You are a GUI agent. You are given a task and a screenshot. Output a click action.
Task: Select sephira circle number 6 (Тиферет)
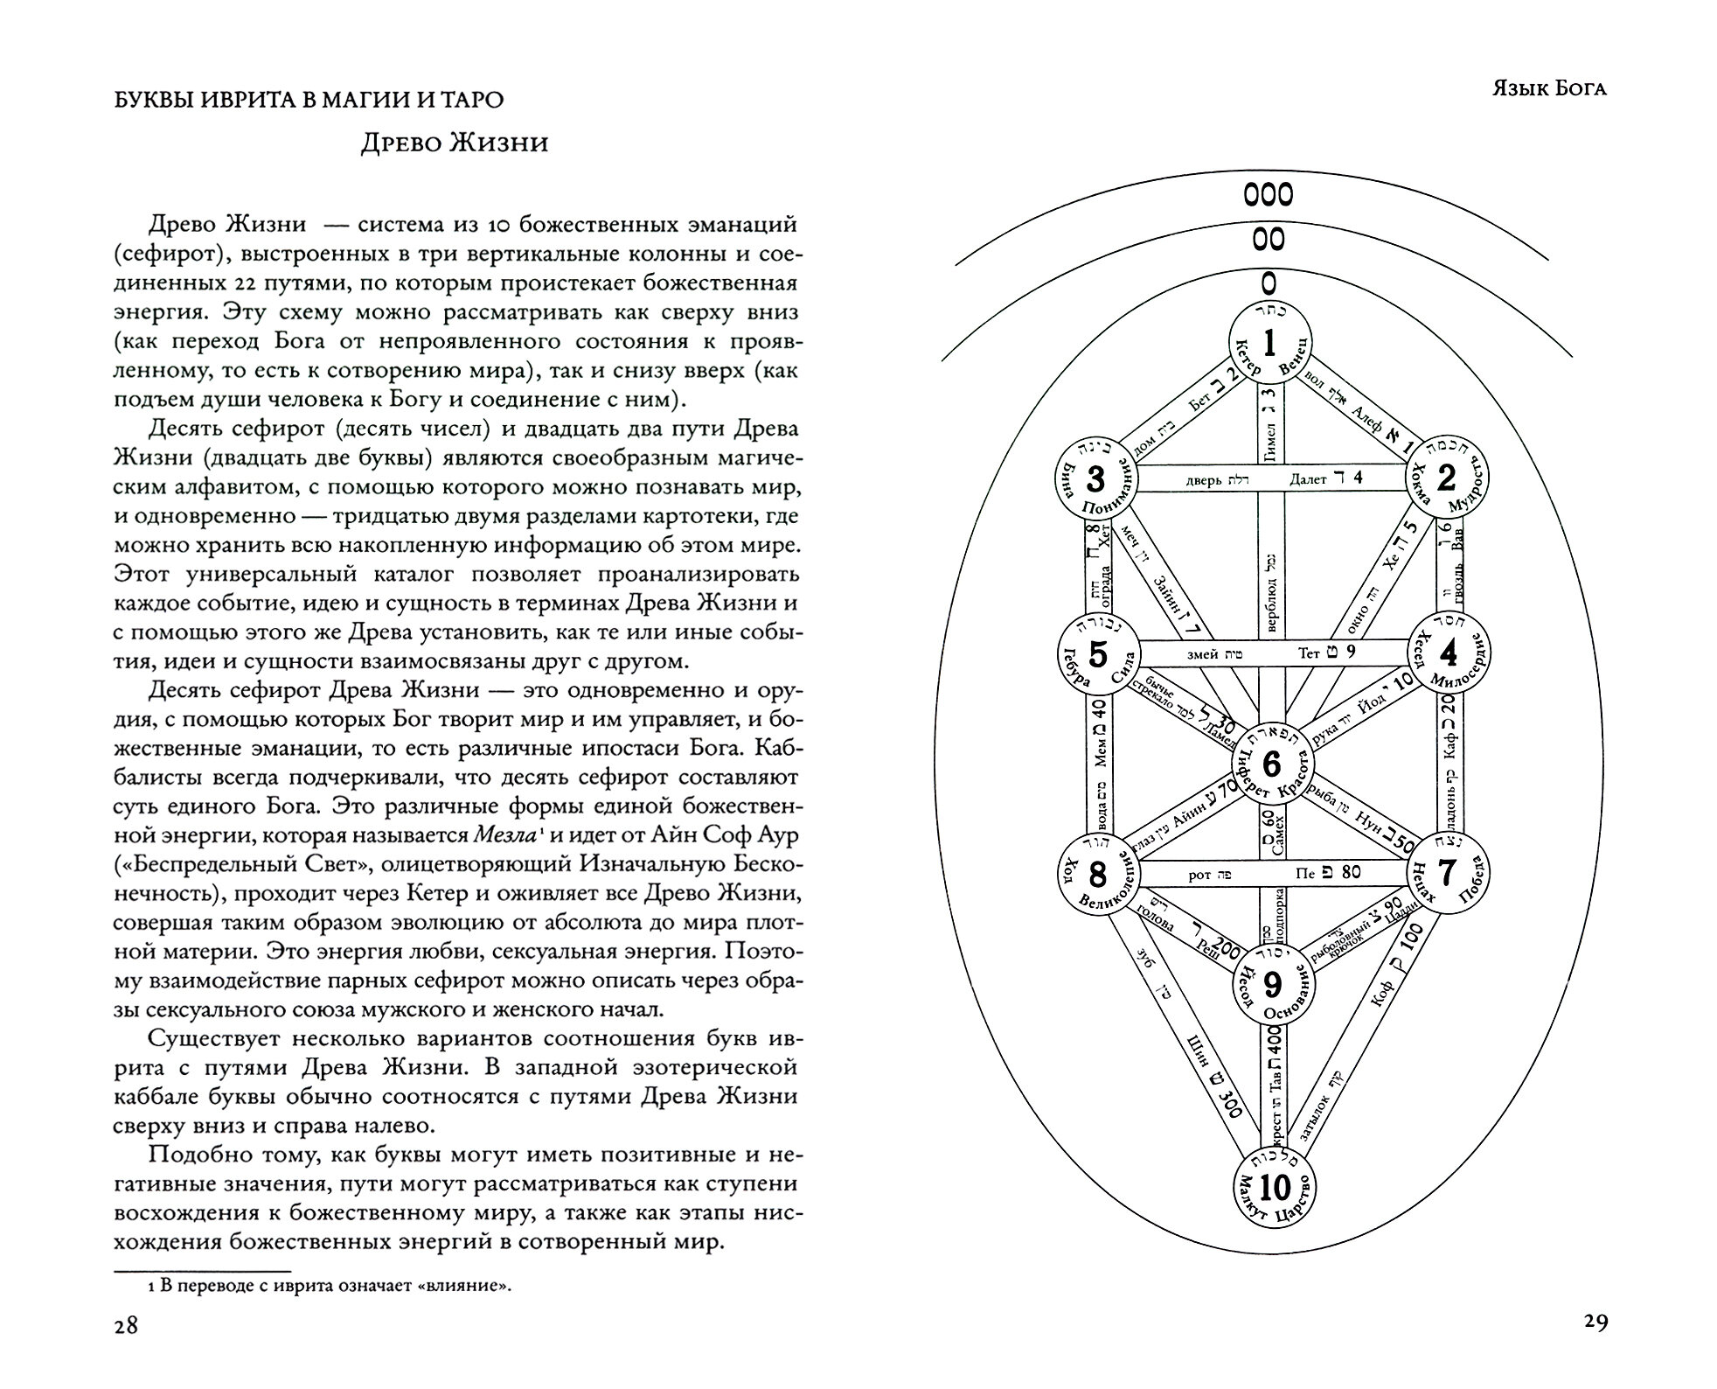point(1272,764)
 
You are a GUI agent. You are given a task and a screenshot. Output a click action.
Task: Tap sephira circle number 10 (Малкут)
point(1275,1188)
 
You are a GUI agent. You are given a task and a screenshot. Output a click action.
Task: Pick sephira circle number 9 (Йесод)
point(1273,985)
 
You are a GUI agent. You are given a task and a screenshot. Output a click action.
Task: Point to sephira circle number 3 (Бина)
point(1095,479)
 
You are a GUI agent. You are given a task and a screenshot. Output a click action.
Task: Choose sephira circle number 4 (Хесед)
point(1448,653)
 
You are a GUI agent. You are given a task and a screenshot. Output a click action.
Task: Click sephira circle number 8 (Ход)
point(1097,874)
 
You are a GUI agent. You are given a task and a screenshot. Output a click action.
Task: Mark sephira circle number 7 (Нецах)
point(1448,872)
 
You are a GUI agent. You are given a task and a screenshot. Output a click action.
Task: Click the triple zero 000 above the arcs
point(1269,194)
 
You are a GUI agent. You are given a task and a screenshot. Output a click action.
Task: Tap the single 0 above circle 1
point(1269,282)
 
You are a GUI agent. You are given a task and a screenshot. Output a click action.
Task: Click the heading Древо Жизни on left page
point(455,143)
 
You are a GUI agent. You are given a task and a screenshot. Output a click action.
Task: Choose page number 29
point(1595,1323)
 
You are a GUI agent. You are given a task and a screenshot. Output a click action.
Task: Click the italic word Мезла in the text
point(504,835)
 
